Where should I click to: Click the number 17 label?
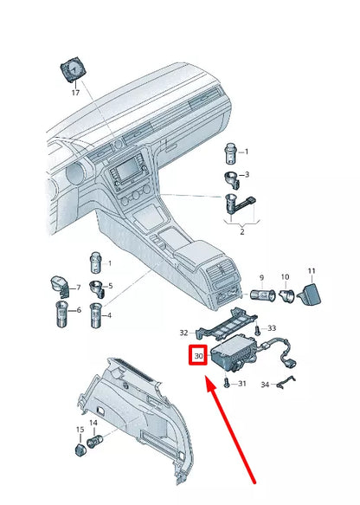coord(75,93)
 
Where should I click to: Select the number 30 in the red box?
coord(198,355)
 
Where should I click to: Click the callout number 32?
coord(183,333)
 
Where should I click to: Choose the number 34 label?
coord(267,384)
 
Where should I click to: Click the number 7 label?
coord(76,288)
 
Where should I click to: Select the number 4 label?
coord(108,315)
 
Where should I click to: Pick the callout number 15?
coord(80,430)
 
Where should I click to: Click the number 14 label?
coord(93,423)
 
